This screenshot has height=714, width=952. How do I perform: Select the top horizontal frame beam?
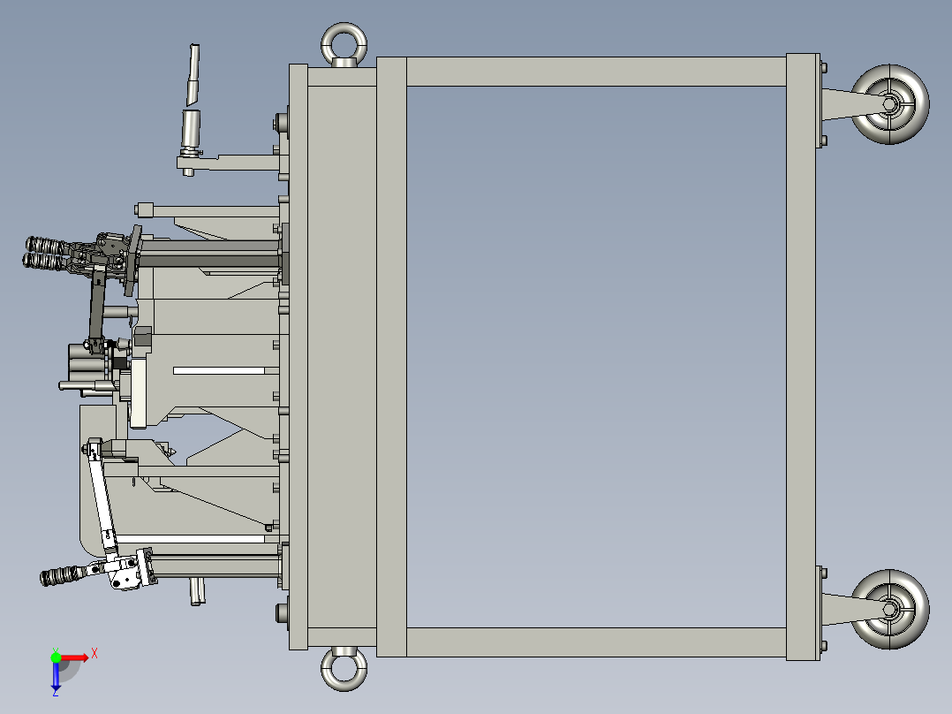click(595, 72)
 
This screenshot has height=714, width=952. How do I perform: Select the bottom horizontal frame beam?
click(595, 642)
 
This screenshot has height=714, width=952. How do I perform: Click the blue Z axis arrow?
click(56, 677)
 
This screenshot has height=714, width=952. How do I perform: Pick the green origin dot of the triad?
click(56, 657)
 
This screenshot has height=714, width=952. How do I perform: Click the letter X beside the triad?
click(94, 652)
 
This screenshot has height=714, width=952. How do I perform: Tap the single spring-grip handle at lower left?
click(62, 576)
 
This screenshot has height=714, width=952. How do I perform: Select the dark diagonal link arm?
click(95, 305)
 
